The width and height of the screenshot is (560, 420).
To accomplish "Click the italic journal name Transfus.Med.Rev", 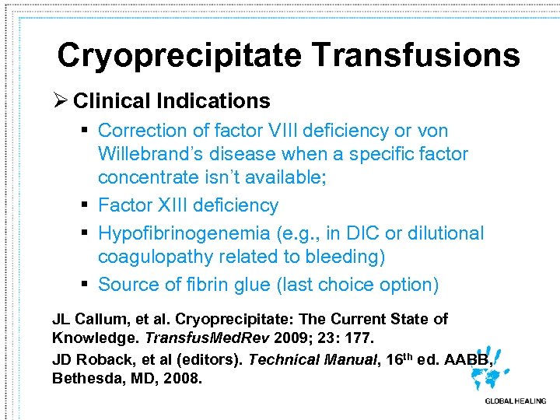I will coord(181,338).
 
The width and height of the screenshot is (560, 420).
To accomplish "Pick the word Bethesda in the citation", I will coord(86,378).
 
